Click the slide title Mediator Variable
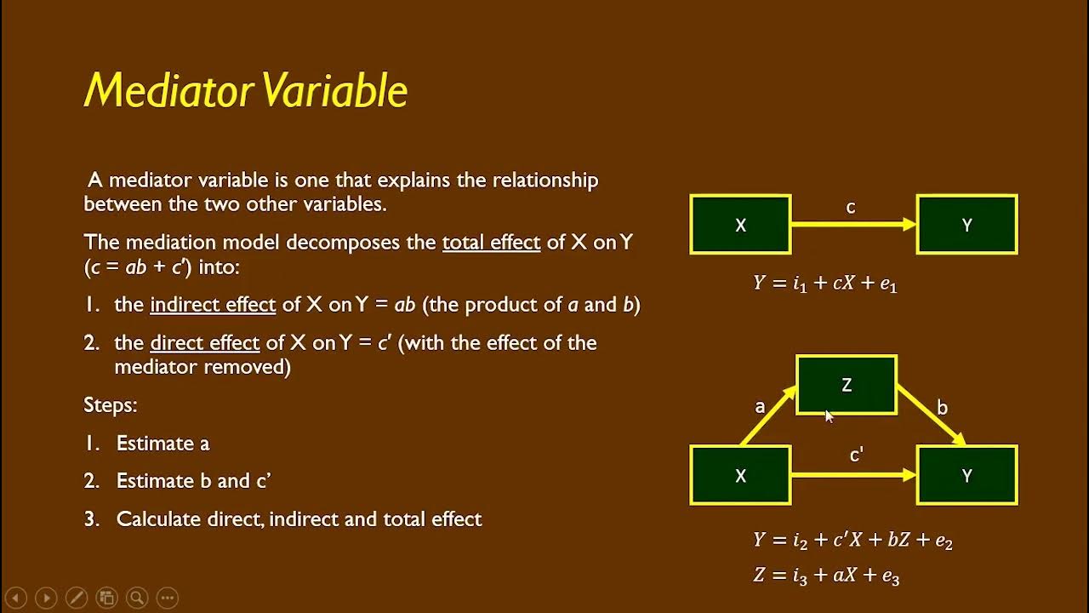246,90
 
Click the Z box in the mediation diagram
846,385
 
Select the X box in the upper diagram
740,225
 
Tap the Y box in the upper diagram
966,225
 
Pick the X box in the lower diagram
740,475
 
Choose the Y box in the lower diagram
966,475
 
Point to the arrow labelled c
852,225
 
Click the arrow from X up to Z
767,415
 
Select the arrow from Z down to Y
930,415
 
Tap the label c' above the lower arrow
857,455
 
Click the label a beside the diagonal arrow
760,407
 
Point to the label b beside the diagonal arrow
942,408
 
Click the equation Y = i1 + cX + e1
825,284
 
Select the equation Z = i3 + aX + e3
826,576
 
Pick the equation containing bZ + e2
852,540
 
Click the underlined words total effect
491,242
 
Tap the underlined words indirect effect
213,305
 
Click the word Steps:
111,405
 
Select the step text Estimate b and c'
193,481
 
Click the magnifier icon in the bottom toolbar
137,598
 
